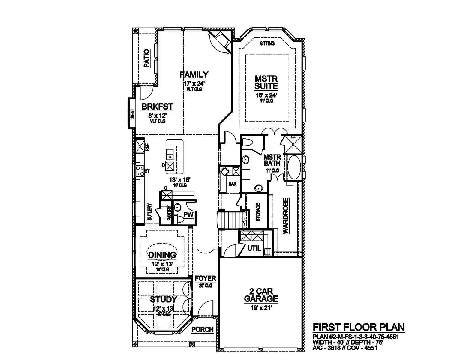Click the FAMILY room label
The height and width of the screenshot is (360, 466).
pyautogui.click(x=194, y=75)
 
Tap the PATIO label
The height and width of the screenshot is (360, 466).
pyautogui.click(x=147, y=55)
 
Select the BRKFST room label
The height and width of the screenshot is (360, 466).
pyautogui.click(x=158, y=106)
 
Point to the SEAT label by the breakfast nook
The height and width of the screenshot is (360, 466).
pyautogui.click(x=133, y=114)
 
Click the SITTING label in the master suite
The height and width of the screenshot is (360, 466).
pyautogui.click(x=267, y=43)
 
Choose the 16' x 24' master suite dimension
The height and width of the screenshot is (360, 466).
pyautogui.click(x=266, y=95)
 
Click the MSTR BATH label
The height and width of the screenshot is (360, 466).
pyautogui.click(x=272, y=160)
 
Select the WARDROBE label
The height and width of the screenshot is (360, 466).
pyautogui.click(x=286, y=216)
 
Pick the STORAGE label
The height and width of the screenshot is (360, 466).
pyautogui.click(x=258, y=212)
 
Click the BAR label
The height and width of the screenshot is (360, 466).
pyautogui.click(x=233, y=184)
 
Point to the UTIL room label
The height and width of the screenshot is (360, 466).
pyautogui.click(x=254, y=248)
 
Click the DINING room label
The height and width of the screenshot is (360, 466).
pyautogui.click(x=162, y=255)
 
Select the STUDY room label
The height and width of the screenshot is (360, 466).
pyautogui.click(x=164, y=299)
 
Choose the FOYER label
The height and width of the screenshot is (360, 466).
pyautogui.click(x=205, y=278)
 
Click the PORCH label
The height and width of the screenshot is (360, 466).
pyautogui.click(x=203, y=329)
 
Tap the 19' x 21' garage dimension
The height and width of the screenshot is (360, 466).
pyautogui.click(x=261, y=308)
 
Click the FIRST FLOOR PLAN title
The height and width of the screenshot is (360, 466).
pyautogui.click(x=359, y=327)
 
